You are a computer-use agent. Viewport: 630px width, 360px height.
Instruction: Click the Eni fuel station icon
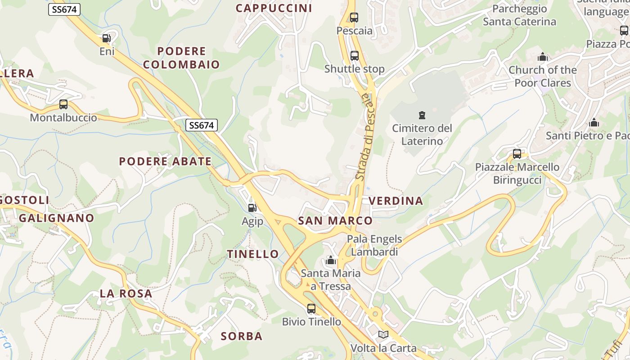click(107, 39)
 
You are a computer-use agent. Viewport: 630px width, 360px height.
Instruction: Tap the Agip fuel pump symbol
click(252, 207)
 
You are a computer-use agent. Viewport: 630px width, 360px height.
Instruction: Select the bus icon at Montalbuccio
click(63, 104)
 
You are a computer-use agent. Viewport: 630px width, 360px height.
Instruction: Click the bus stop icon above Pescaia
click(354, 18)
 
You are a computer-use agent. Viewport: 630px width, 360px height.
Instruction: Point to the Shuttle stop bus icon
click(355, 56)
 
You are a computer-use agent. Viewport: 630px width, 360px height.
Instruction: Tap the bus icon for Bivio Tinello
click(311, 309)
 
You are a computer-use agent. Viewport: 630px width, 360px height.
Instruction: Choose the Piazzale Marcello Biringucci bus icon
click(517, 154)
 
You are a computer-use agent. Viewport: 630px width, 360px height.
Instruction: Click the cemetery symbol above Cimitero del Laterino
click(422, 115)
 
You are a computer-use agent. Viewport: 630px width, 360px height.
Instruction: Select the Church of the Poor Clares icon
click(542, 57)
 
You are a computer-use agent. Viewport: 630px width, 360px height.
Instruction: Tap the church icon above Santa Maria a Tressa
click(331, 260)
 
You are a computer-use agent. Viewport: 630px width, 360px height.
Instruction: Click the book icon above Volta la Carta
click(383, 335)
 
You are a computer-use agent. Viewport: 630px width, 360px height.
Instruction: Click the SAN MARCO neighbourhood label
click(335, 220)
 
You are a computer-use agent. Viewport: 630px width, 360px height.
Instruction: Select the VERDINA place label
click(396, 201)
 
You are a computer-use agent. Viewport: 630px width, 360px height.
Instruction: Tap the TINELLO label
click(253, 254)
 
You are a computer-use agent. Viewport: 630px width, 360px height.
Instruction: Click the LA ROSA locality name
click(126, 293)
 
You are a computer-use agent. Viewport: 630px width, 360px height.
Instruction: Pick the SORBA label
click(242, 336)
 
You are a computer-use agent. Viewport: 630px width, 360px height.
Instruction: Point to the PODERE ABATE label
click(165, 161)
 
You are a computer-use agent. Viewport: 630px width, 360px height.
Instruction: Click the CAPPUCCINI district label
click(274, 8)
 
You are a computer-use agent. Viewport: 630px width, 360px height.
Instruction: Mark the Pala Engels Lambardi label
click(374, 245)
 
